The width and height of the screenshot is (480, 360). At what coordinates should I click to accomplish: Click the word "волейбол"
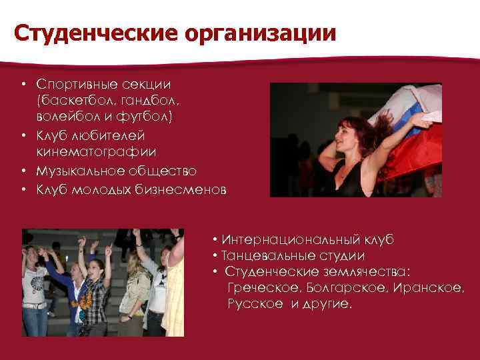pyautogui.click(x=65, y=117)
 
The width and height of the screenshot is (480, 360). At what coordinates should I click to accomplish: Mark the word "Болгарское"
pyautogui.click(x=343, y=288)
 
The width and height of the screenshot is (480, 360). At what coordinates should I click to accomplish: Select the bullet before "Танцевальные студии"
pyautogui.click(x=215, y=255)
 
